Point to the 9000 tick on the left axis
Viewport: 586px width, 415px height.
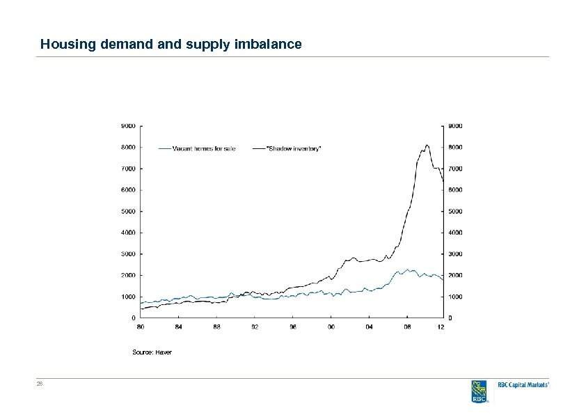coord(128,126)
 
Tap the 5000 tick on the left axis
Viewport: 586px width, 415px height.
coord(128,212)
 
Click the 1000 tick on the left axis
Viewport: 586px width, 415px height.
coord(128,297)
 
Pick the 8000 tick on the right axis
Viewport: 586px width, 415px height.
coord(455,148)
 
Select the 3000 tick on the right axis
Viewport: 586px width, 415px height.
coord(455,254)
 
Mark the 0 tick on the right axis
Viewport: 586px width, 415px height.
coord(450,318)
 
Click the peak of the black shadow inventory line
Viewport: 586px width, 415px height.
coord(427,145)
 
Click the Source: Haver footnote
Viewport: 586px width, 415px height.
coord(152,352)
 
